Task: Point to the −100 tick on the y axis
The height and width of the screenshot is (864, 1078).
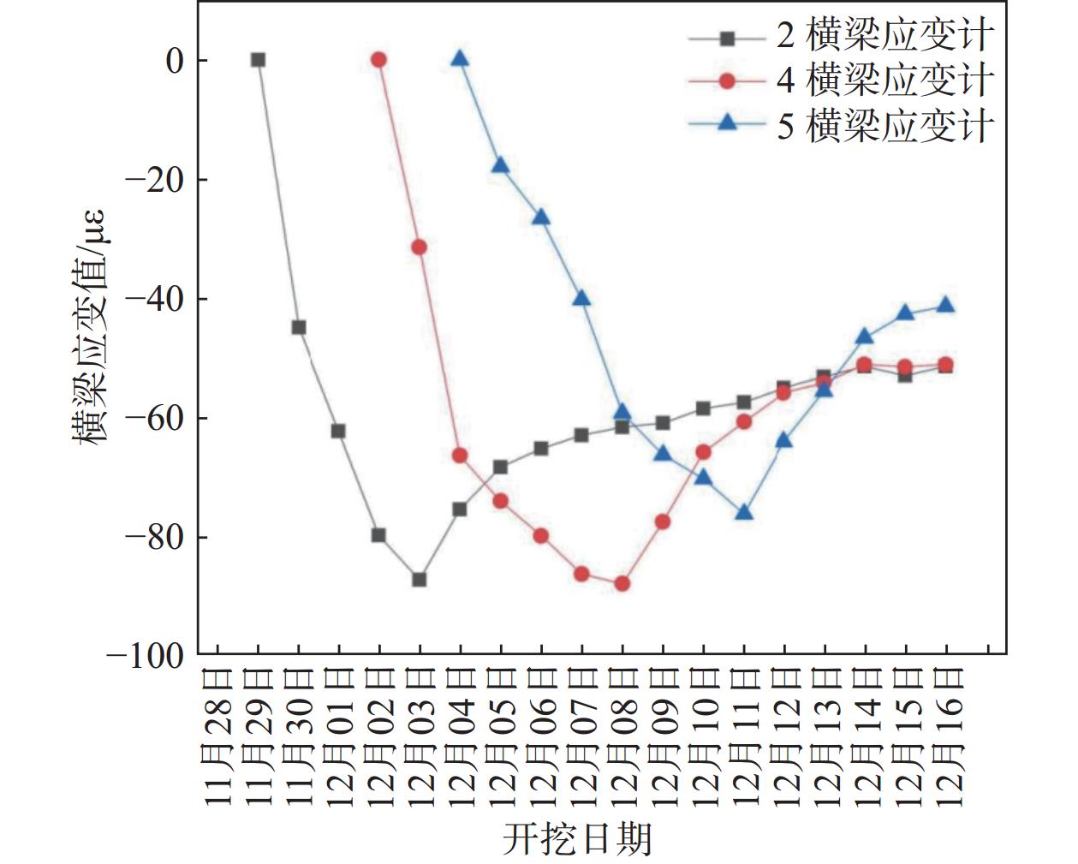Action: (146, 656)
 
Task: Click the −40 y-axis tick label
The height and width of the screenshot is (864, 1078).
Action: (154, 299)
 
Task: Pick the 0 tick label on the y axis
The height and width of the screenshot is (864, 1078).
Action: (175, 61)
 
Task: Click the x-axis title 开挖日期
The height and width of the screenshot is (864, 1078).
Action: (576, 838)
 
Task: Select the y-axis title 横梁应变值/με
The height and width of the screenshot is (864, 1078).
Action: (90, 328)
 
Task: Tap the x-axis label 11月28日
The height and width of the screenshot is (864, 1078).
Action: (219, 736)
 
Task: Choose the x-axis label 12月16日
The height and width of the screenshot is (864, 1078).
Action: (947, 736)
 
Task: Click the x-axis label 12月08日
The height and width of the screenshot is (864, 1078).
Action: (623, 736)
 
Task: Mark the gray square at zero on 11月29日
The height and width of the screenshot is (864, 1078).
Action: (258, 60)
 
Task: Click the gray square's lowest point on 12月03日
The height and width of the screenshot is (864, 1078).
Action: (420, 580)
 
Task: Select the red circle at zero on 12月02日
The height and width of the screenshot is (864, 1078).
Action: (378, 60)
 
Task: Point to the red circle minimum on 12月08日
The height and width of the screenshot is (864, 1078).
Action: (622, 584)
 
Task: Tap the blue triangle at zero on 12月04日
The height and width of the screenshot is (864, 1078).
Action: (460, 59)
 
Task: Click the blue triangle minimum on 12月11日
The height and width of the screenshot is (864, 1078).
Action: (744, 513)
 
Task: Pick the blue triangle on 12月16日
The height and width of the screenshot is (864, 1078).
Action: (946, 305)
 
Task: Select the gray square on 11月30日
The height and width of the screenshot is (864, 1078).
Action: (299, 327)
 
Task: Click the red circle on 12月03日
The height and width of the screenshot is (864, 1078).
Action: (419, 247)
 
